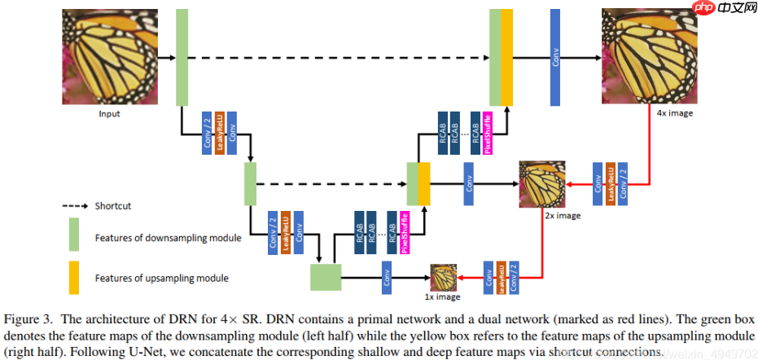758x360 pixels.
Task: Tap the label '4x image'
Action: click(x=675, y=113)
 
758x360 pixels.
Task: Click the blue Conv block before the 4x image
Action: click(x=555, y=57)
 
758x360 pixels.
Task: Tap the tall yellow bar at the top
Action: click(x=506, y=57)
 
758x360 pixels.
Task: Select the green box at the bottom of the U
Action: click(x=325, y=277)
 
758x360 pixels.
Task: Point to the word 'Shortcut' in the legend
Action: click(x=112, y=206)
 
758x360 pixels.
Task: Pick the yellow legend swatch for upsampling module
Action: click(x=73, y=278)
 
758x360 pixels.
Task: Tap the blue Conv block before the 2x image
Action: click(x=469, y=184)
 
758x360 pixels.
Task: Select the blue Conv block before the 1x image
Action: click(x=387, y=277)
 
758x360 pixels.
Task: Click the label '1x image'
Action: click(x=442, y=297)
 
